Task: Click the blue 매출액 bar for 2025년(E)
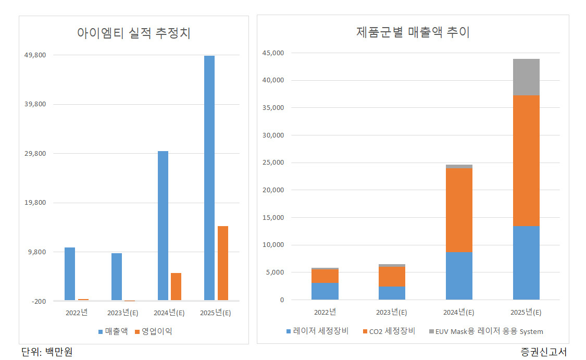tap(209, 178)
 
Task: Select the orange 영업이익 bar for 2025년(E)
tap(223, 263)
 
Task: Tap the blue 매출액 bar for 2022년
tap(69, 274)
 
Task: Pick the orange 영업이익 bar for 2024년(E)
tap(176, 287)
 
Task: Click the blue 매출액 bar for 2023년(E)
tap(117, 277)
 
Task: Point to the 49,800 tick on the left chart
tap(35, 55)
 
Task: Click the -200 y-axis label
tap(39, 301)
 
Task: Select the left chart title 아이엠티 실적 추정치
tap(134, 33)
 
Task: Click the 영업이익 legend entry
tap(154, 331)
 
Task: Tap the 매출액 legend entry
tap(113, 331)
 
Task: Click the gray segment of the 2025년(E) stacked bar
tap(526, 77)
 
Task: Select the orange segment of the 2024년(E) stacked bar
tap(459, 210)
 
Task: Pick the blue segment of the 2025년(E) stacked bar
tap(526, 263)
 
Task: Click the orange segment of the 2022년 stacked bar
tap(325, 276)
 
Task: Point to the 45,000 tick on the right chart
tap(273, 53)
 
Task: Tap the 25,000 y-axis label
tap(273, 162)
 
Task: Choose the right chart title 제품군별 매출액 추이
tap(413, 32)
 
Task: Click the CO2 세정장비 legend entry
tap(389, 331)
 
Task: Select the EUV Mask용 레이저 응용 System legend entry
tap(486, 331)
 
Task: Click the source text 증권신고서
tap(544, 352)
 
